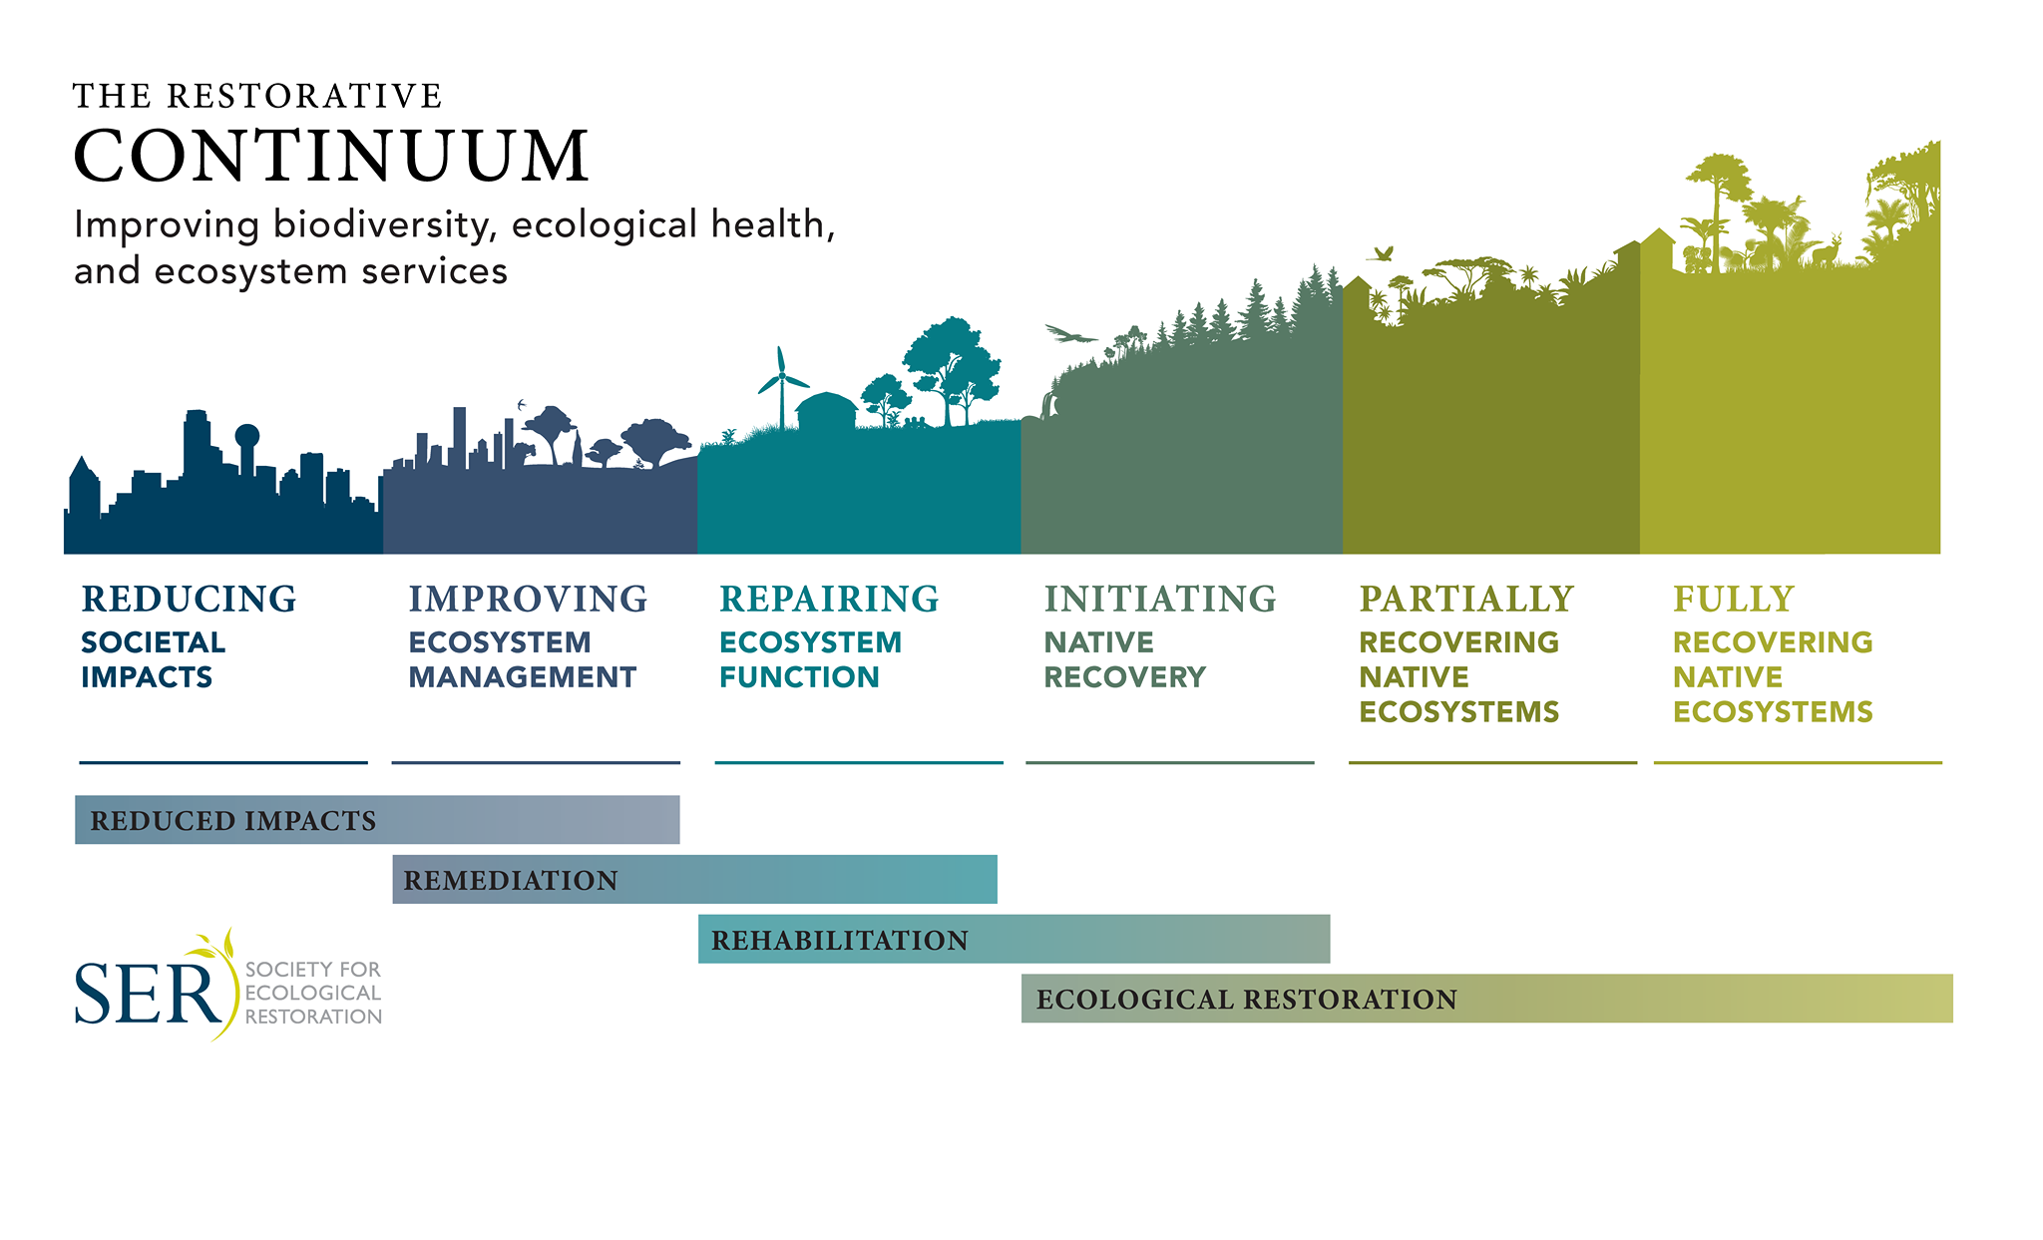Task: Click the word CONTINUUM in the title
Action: coord(331,157)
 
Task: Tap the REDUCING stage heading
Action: coord(190,599)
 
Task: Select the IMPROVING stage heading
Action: coord(528,599)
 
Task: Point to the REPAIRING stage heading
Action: coord(829,599)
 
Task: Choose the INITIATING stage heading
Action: coord(1160,599)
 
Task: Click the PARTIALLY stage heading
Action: coord(1466,599)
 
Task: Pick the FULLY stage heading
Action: coord(1734,599)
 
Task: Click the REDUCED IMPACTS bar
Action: coord(377,820)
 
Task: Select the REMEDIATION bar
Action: coord(694,880)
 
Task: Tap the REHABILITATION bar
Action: coord(1015,939)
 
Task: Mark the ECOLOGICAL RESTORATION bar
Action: coord(1487,999)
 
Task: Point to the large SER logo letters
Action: coord(148,994)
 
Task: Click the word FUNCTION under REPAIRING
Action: coord(799,677)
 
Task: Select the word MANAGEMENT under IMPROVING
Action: coord(522,677)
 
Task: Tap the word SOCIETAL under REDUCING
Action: coord(153,642)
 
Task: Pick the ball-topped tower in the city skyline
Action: coord(246,449)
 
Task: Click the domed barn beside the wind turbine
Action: coord(827,411)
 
